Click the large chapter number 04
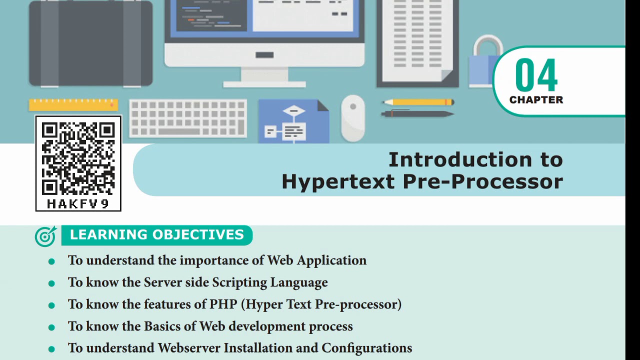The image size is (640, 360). tap(536, 75)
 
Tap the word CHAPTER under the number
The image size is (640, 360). tap(536, 100)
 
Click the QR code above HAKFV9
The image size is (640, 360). tap(78, 158)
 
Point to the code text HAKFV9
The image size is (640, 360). tap(78, 204)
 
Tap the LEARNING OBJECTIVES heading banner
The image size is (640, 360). tap(157, 235)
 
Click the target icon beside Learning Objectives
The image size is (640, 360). tap(45, 236)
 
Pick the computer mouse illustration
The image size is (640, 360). tap(353, 117)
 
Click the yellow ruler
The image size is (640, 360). tap(73, 104)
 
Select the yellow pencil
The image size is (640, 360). tap(417, 102)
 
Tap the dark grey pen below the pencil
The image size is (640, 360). tap(417, 114)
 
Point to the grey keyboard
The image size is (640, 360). tap(188, 118)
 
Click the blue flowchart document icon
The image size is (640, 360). tap(293, 121)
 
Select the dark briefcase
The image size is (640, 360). tap(90, 44)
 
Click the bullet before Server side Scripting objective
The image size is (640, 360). tap(51, 283)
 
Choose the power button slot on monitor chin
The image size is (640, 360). tap(264, 55)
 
